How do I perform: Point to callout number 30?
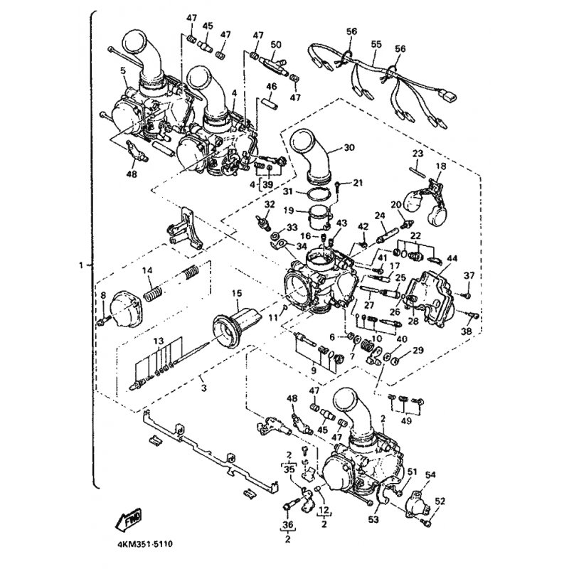pyautogui.click(x=349, y=148)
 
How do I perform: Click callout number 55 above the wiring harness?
pyautogui.click(x=376, y=43)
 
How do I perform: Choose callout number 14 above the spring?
pyautogui.click(x=147, y=270)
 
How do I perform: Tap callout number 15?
pyautogui.click(x=235, y=293)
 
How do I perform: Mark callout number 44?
pyautogui.click(x=452, y=260)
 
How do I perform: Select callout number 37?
pyautogui.click(x=468, y=276)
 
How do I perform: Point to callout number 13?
pyautogui.click(x=157, y=341)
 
